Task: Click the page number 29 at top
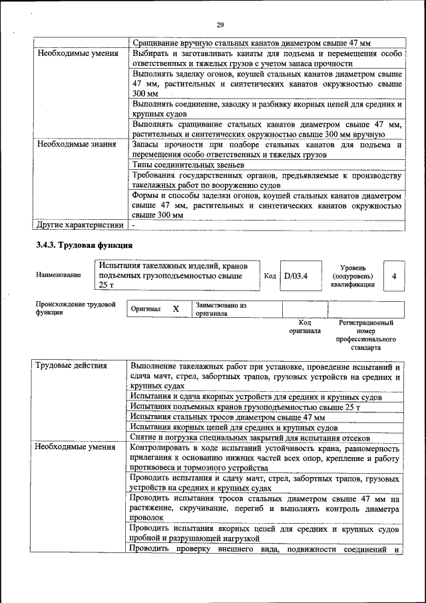[x=220, y=25]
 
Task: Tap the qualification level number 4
[x=395, y=275]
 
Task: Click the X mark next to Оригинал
[x=176, y=309]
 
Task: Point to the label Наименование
[x=59, y=275]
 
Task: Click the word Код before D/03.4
[x=270, y=275]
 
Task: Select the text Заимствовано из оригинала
[x=221, y=309]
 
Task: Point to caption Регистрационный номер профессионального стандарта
[x=365, y=335]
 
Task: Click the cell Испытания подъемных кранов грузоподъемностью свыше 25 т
[x=245, y=406]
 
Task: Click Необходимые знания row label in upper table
[x=77, y=143]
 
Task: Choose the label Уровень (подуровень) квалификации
[x=356, y=275]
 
